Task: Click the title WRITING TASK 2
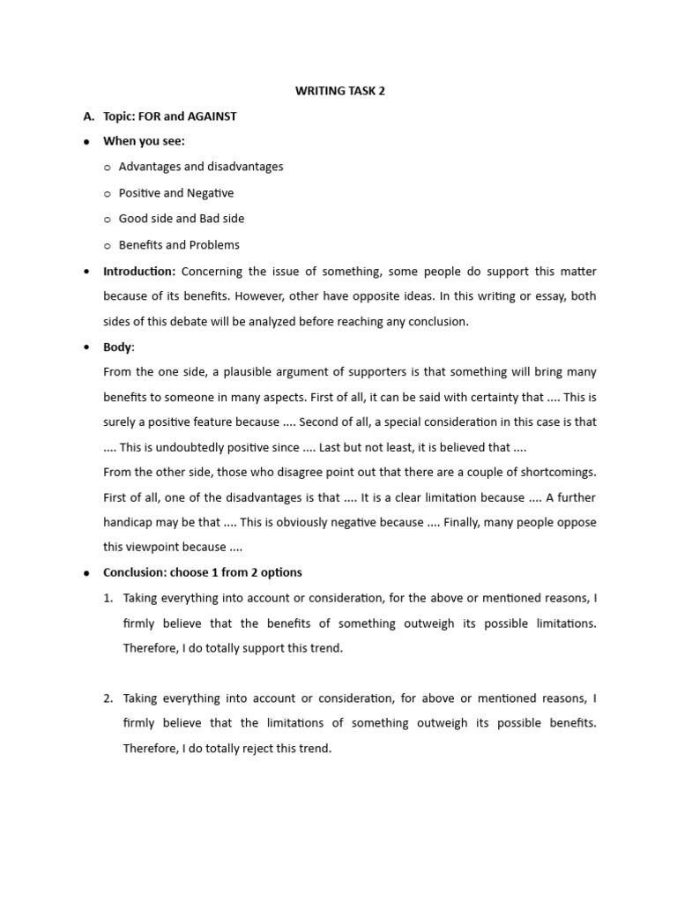340,91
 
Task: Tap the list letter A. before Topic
88,116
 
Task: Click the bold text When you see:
144,141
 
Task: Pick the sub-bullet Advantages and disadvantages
201,167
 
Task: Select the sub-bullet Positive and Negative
176,193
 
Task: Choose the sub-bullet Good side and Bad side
182,219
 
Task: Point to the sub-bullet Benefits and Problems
179,245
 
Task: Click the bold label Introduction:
139,272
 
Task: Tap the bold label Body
118,347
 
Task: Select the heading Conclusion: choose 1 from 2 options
203,572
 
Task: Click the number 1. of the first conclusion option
108,598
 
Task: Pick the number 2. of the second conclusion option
108,698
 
